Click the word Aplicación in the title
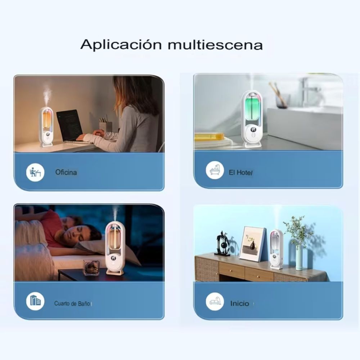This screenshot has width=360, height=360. (121, 45)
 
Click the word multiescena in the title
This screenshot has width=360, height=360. (215, 45)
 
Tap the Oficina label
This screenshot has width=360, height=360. (66, 172)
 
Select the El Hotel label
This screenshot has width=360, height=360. (240, 173)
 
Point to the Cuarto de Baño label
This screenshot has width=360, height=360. (72, 303)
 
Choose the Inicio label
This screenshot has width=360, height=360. (239, 303)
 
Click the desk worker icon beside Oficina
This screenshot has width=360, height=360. (35, 172)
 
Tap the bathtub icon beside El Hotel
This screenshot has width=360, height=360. (215, 170)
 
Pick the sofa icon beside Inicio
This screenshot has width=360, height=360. (215, 302)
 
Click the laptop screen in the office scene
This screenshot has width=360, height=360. (69, 125)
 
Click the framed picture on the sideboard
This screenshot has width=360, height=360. (252, 244)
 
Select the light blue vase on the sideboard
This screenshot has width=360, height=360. (299, 258)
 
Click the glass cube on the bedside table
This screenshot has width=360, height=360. (91, 267)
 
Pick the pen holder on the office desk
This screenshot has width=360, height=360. (105, 126)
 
